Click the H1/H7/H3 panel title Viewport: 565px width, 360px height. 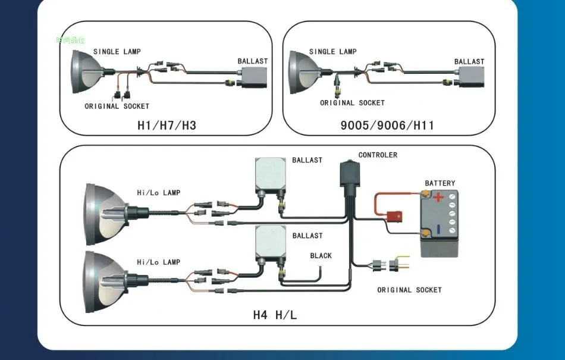(x=167, y=125)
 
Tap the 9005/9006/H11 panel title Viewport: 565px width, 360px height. (x=387, y=125)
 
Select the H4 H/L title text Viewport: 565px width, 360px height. (x=275, y=315)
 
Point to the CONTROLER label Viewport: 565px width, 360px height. (x=378, y=155)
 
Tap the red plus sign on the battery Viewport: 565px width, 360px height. (x=438, y=197)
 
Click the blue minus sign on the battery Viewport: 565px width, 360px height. (x=438, y=230)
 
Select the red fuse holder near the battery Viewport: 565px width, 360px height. (x=394, y=216)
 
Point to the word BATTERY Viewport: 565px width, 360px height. (x=440, y=183)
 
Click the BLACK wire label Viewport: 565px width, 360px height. (x=321, y=255)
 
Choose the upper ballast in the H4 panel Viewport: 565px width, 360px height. (x=271, y=174)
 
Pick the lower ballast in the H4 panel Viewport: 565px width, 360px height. (x=271, y=243)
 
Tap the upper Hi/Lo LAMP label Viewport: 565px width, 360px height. (x=159, y=193)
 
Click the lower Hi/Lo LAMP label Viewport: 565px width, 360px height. (x=159, y=262)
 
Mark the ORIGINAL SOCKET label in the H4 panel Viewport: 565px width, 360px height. (x=409, y=290)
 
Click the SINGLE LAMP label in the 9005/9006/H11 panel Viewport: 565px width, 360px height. (x=333, y=52)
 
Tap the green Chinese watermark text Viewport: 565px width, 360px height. (x=71, y=40)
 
